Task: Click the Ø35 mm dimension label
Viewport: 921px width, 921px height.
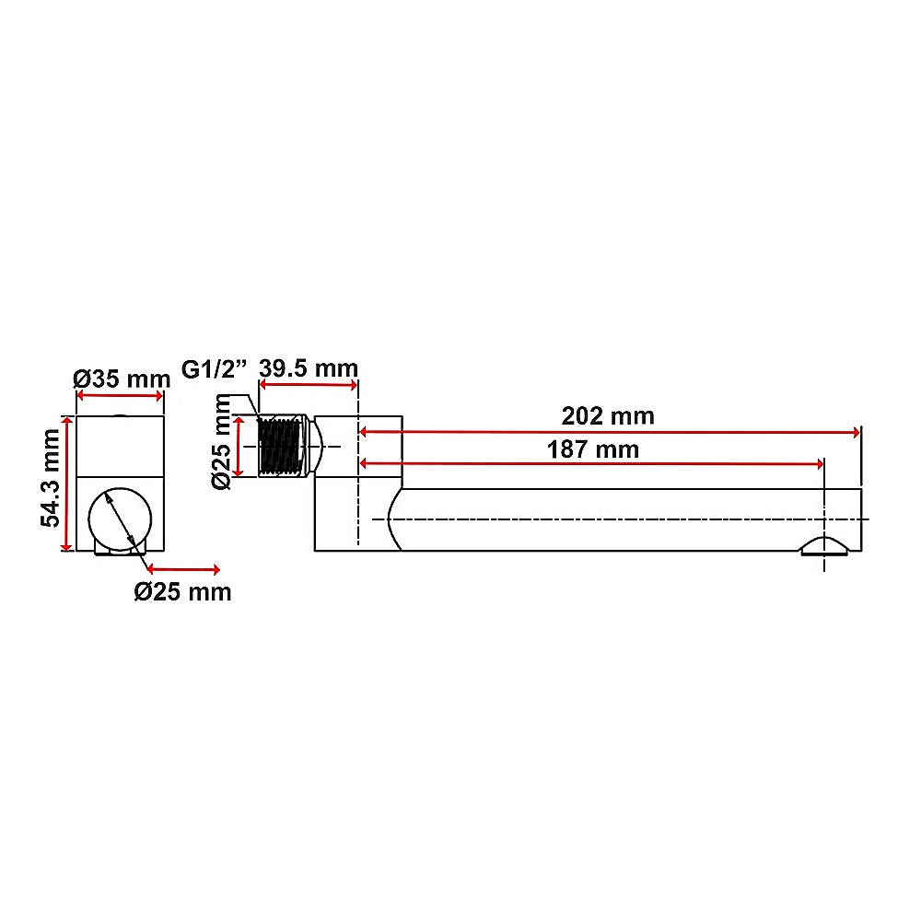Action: point(122,379)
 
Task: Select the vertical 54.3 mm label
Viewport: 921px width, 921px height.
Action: point(52,484)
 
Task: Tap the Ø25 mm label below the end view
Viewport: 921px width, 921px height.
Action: point(182,591)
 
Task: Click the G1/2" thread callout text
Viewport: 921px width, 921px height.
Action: point(215,369)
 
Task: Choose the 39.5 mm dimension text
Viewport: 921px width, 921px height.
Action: point(308,367)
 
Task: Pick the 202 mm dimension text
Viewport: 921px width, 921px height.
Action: point(608,416)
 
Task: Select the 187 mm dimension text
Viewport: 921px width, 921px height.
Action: point(593,449)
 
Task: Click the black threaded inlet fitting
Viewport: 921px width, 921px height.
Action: point(281,447)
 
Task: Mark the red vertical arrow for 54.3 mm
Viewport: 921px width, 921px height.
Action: point(65,484)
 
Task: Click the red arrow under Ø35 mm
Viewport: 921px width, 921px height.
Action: point(120,396)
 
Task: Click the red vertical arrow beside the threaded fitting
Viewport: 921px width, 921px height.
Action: point(242,447)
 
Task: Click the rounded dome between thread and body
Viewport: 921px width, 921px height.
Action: point(315,447)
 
